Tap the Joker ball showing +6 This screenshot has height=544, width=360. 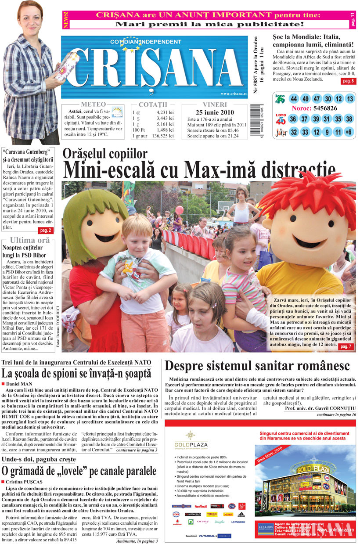point(349,132)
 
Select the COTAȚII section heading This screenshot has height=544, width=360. point(153,104)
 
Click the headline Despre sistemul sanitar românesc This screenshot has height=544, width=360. point(257,365)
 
